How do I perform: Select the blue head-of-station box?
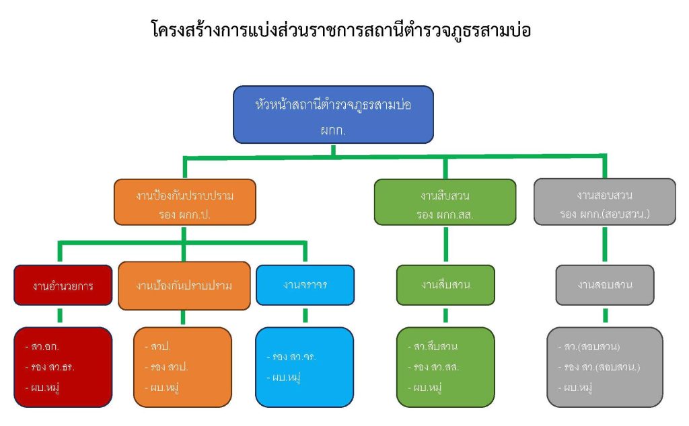334,114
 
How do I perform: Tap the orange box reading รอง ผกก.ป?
185,202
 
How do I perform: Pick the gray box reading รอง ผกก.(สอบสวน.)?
604,202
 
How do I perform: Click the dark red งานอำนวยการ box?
63,286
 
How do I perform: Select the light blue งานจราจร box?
305,285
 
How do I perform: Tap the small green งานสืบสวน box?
445,285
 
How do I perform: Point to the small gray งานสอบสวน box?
604,285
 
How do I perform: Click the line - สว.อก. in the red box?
43,347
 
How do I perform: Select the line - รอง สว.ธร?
50,367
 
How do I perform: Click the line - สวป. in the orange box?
157,347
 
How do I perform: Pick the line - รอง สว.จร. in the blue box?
291,357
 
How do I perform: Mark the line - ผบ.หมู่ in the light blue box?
283,377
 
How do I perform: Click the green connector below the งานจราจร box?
305,316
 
